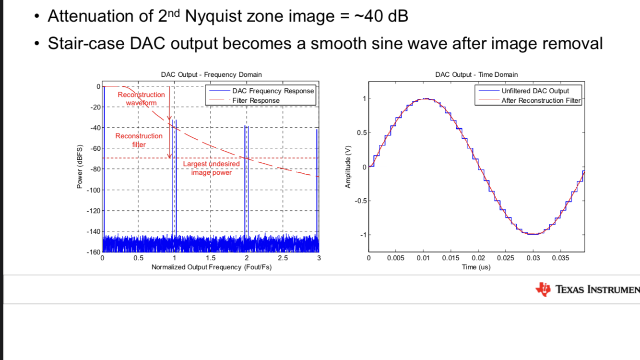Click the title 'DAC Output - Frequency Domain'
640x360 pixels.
[211, 74]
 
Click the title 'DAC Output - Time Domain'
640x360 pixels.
[476, 74]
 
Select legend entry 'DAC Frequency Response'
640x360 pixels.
[273, 91]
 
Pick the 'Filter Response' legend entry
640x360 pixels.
[256, 100]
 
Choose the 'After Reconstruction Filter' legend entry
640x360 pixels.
[541, 100]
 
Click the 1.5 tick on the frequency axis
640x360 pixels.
[210, 258]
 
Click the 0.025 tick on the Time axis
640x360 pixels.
[506, 258]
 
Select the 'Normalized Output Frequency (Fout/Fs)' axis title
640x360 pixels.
[211, 267]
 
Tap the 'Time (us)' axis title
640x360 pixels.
[476, 267]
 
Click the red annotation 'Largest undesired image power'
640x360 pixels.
[211, 168]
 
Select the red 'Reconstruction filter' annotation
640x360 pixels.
[139, 140]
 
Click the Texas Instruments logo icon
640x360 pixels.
[544, 289]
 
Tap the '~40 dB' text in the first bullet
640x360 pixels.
[381, 16]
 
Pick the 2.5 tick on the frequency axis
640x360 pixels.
[283, 258]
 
